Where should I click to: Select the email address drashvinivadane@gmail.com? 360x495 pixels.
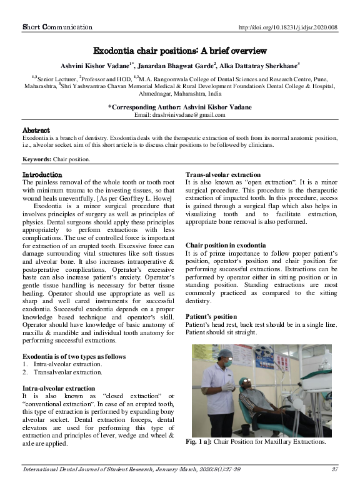(180, 116)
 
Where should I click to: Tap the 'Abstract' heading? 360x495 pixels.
(36, 130)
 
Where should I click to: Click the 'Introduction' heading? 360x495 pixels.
(42, 174)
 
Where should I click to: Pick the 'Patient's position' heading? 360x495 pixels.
(211, 317)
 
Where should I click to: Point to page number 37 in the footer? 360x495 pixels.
(334, 469)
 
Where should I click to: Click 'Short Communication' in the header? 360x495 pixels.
(57, 27)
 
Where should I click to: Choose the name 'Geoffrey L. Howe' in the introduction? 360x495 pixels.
(146, 197)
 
